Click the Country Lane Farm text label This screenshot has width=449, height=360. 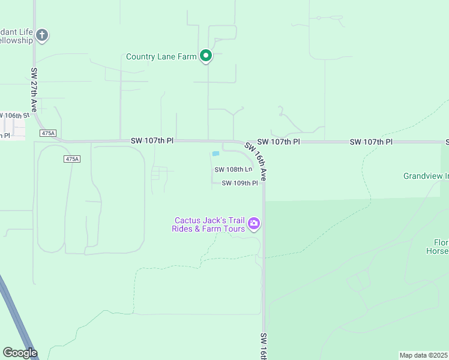point(161,57)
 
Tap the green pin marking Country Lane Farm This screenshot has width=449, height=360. point(206,56)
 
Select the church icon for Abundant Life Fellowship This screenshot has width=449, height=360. point(42,35)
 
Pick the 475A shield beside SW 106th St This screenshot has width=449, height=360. point(48,133)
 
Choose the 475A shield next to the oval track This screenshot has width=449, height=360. point(71,159)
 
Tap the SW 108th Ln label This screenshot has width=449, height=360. point(233,170)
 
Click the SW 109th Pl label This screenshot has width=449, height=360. point(240,184)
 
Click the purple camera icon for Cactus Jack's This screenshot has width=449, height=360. point(254,224)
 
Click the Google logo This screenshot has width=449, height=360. point(20,353)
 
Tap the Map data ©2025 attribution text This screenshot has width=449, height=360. point(424,355)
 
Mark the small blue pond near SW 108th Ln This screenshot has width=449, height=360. point(215,154)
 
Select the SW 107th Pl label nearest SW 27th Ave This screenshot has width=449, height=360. point(152,140)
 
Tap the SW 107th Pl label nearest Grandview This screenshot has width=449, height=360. point(371,142)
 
